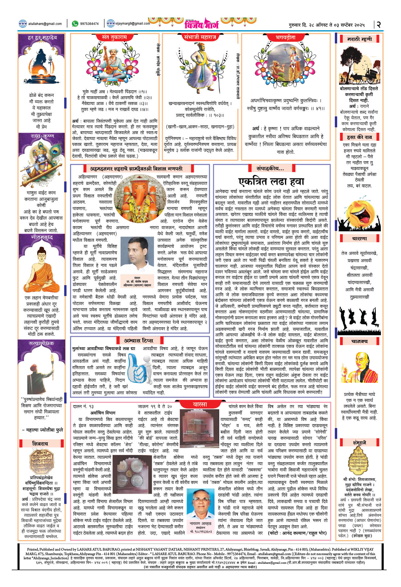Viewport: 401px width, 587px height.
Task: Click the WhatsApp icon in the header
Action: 75,24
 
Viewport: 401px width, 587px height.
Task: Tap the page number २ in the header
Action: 378,24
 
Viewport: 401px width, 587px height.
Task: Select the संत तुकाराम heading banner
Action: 115,37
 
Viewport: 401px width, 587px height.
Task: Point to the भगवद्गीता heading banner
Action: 285,37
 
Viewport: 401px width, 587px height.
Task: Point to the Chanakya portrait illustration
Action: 360,367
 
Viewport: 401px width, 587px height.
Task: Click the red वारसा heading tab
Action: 200,404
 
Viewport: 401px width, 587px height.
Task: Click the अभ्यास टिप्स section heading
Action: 139,340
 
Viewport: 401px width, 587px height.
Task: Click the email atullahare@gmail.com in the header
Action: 45,24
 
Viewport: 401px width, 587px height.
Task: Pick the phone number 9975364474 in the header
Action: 89,24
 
